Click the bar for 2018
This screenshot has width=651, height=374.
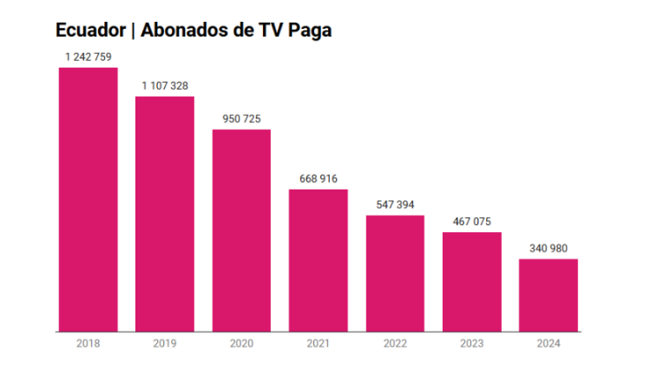click(x=88, y=199)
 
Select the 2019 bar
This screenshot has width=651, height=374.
click(x=165, y=214)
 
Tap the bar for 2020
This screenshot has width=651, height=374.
click(x=241, y=230)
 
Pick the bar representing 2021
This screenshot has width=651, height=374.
click(x=319, y=260)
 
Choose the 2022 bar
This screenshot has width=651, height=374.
click(x=395, y=273)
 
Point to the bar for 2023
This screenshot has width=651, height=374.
click(x=472, y=282)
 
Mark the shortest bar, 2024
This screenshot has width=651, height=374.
click(x=549, y=295)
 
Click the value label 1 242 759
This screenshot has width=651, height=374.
click(x=88, y=57)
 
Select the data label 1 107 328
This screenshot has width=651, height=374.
click(x=165, y=86)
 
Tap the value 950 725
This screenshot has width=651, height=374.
click(x=241, y=118)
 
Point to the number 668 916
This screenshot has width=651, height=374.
click(x=319, y=178)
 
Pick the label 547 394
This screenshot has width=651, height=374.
click(x=395, y=204)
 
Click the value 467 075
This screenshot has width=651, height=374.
click(x=472, y=222)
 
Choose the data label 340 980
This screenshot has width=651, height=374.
click(x=549, y=249)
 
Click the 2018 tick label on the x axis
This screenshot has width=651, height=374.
click(x=88, y=344)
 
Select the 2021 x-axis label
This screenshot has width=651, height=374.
click(x=319, y=344)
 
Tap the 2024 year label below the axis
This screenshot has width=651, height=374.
click(x=549, y=344)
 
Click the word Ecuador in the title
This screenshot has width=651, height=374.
click(x=89, y=30)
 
